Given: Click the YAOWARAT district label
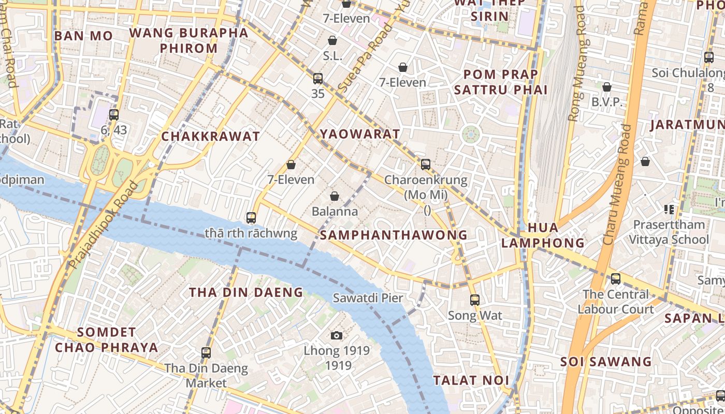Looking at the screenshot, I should tap(360, 134).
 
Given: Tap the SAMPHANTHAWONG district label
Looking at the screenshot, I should tap(394, 235).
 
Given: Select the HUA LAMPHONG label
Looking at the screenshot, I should tap(543, 235).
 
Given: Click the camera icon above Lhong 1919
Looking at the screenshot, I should tap(337, 335).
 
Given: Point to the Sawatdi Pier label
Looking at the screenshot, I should tap(368, 298).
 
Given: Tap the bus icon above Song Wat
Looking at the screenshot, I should tap(474, 300).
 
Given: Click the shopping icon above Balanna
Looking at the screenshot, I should tap(335, 196).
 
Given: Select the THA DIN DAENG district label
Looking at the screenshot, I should tap(246, 292).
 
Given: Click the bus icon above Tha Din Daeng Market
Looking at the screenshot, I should tap(206, 353).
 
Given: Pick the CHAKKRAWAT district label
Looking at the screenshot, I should tap(211, 137).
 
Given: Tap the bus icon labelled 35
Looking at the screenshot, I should tap(318, 79).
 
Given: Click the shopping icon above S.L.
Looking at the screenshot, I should tap(332, 40).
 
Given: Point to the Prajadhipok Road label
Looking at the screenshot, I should tap(104, 225).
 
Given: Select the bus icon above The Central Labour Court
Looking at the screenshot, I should tap(616, 279).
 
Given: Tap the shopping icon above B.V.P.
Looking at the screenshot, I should tap(606, 86).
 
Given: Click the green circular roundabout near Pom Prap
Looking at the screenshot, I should tap(471, 135).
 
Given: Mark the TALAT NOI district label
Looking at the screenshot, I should tap(471, 380).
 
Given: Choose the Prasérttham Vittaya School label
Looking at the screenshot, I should tap(668, 232).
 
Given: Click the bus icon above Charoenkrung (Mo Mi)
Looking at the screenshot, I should tap(426, 165).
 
